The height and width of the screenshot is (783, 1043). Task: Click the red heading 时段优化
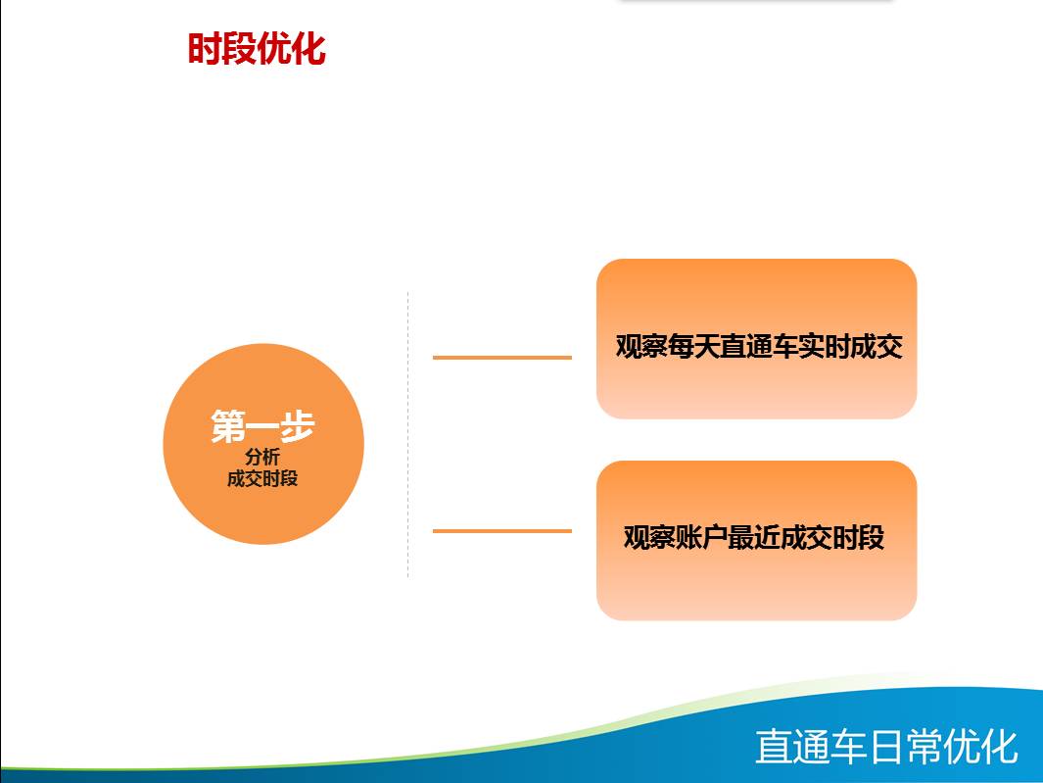coord(257,49)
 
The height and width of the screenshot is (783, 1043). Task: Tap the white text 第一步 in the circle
coord(262,426)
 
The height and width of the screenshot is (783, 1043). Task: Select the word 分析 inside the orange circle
coord(262,458)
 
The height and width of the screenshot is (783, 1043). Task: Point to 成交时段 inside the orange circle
coord(262,479)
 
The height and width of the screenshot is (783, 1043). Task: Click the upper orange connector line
coord(502,358)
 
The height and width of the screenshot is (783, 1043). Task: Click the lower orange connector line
coord(502,530)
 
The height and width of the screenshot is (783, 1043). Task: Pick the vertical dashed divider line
coord(407,434)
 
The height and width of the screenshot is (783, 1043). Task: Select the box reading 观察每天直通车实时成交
coord(756,339)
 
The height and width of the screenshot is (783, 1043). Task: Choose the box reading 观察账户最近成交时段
coord(756,541)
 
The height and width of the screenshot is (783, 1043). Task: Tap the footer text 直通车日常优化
coord(886,747)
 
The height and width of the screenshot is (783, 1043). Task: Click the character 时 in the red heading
coord(205,49)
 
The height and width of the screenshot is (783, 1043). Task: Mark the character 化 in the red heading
coord(308,49)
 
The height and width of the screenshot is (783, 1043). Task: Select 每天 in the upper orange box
coord(694,347)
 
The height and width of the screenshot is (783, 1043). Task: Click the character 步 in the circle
coord(298,426)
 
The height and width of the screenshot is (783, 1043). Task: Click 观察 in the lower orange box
coord(650,537)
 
